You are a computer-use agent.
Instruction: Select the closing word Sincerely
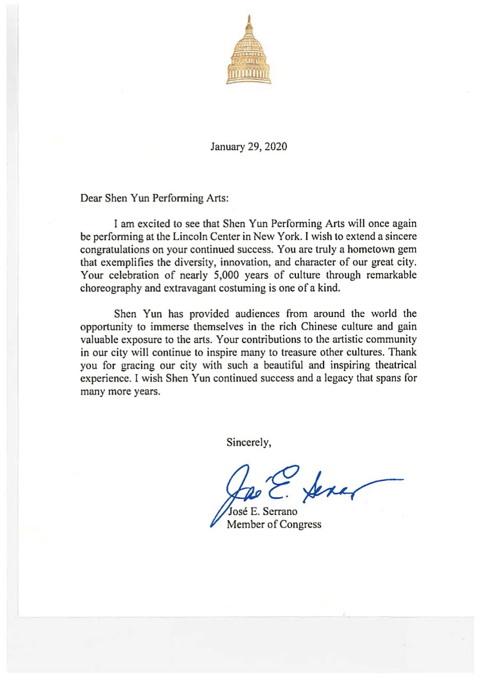248,443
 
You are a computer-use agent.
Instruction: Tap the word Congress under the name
300,524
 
